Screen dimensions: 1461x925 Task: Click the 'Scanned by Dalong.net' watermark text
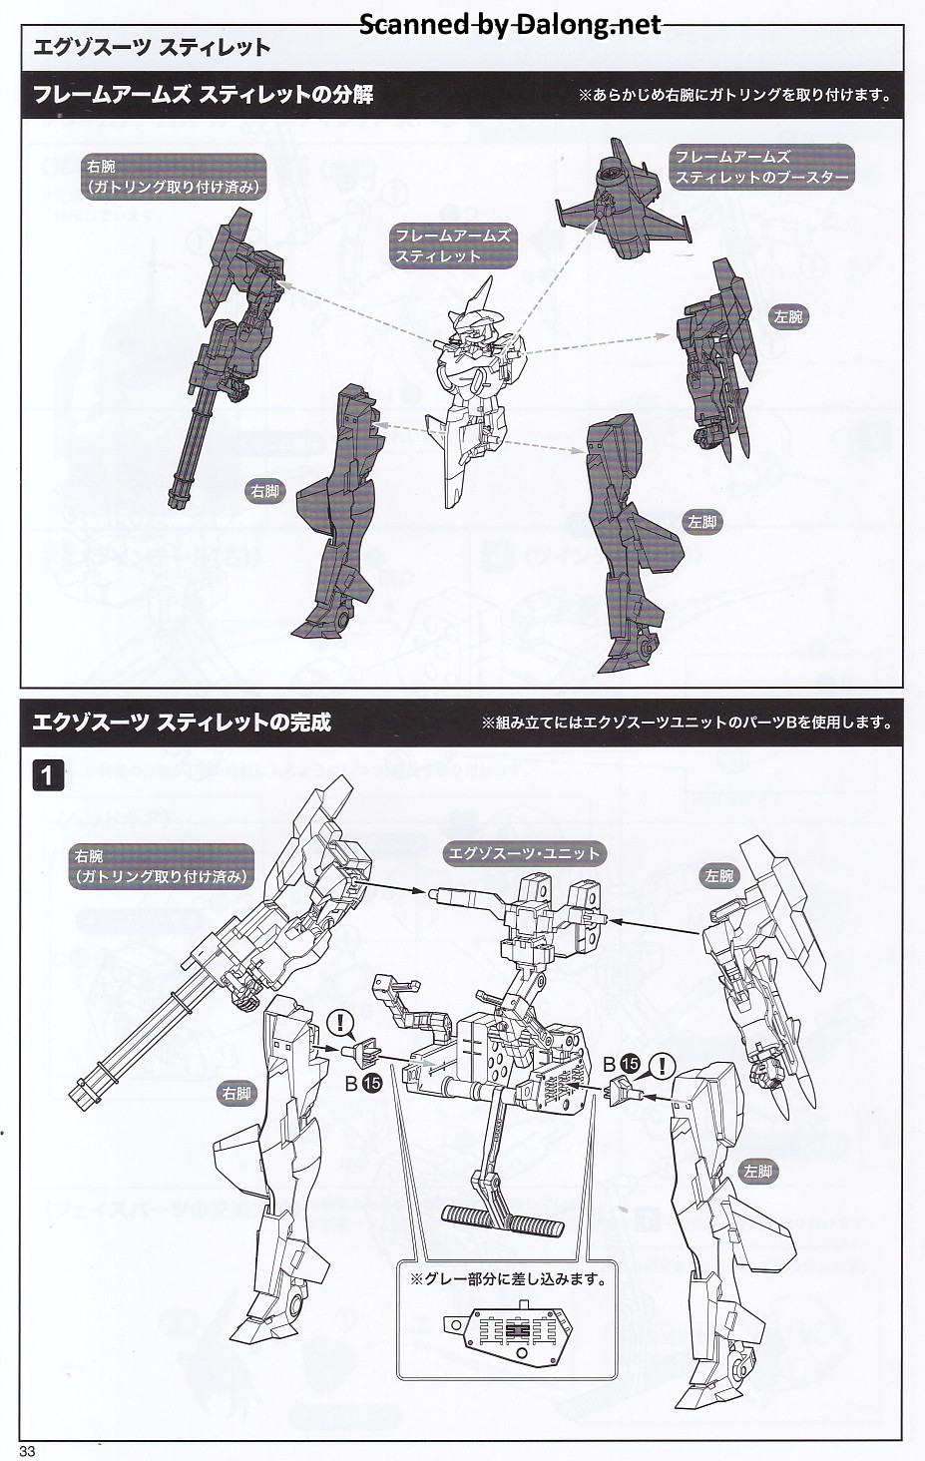tap(510, 25)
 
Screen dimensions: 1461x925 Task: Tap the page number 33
tap(27, 1450)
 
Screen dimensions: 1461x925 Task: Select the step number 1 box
tap(48, 774)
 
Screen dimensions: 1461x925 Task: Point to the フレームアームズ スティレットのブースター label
tap(762, 167)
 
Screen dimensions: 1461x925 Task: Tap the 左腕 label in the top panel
tap(787, 317)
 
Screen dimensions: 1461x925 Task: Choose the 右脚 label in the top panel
tap(265, 491)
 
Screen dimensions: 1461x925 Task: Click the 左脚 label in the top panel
tap(701, 522)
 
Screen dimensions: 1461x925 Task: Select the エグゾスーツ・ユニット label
tap(525, 853)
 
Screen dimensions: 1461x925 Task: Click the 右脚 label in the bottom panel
tap(236, 1094)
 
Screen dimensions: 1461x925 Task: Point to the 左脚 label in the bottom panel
tap(757, 1172)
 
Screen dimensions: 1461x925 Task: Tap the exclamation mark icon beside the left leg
tap(661, 1065)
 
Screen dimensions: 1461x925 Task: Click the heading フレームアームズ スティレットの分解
tap(204, 95)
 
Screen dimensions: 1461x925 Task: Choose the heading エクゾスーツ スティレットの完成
tap(182, 723)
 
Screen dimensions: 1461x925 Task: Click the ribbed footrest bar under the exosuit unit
tap(502, 1219)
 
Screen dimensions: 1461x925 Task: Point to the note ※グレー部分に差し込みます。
tap(508, 1278)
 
